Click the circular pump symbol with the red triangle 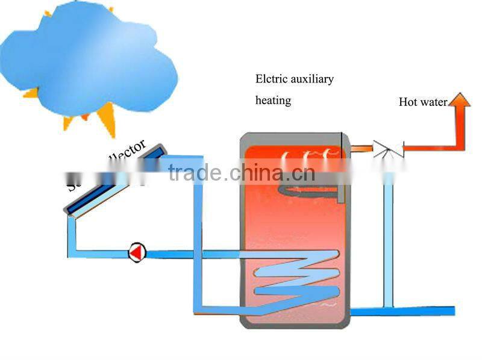(137, 253)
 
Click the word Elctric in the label (271, 79)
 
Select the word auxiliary (311, 79)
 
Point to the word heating (273, 101)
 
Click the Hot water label (422, 102)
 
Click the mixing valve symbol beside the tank (383, 148)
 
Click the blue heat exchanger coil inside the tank (295, 277)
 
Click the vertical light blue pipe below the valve (388, 241)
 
